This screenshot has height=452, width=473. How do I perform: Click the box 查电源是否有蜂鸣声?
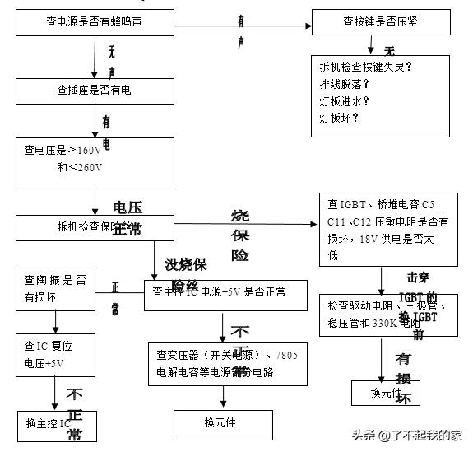tap(94, 21)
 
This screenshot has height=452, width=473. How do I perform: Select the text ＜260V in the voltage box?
tap(83, 168)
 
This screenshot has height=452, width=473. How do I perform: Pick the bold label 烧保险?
tap(240, 235)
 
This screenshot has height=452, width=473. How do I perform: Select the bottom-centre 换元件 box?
tap(220, 423)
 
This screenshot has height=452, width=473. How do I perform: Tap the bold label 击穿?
tap(418, 277)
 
